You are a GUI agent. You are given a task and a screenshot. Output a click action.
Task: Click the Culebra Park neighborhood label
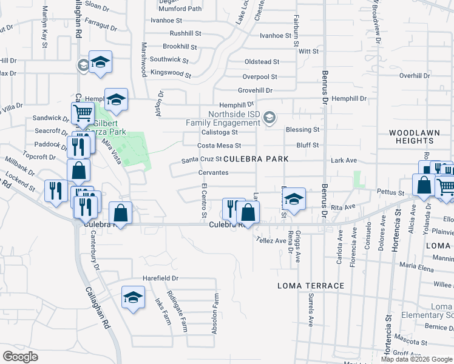tap(255, 159)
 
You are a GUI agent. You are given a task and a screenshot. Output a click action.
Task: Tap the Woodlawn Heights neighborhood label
tap(412, 136)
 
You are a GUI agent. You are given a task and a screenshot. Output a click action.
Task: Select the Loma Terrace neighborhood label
tap(310, 285)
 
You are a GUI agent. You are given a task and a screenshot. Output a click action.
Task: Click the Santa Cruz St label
tap(202, 160)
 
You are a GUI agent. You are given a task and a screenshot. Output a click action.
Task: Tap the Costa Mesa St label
tap(220, 146)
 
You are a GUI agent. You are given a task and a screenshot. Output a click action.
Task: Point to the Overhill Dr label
tap(415, 75)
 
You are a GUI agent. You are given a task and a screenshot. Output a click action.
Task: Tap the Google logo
tap(20, 356)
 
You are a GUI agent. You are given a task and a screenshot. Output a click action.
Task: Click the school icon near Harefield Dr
tap(133, 297)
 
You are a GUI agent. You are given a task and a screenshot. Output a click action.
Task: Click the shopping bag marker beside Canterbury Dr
tap(121, 213)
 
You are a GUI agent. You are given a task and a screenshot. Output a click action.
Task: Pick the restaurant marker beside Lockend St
tap(55, 191)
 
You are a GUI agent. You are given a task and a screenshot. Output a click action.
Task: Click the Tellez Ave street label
tap(271, 240)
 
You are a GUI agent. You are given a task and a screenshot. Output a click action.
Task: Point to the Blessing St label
tap(302, 130)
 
